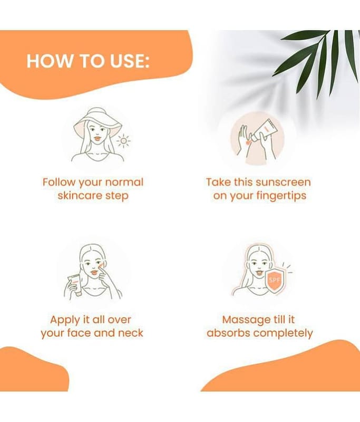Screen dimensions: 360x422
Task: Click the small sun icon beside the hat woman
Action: pyautogui.click(x=123, y=141)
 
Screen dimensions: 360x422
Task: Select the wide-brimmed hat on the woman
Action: pyautogui.click(x=96, y=122)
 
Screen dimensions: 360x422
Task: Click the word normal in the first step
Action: pyautogui.click(x=124, y=182)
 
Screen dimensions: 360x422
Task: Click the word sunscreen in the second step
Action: pyautogui.click(x=283, y=182)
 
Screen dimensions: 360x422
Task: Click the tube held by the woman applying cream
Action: pyautogui.click(x=75, y=285)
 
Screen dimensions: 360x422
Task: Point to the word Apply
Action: pyautogui.click(x=65, y=320)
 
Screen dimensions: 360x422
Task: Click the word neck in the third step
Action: pyautogui.click(x=131, y=333)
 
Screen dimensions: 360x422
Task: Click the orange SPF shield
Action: pyautogui.click(x=275, y=281)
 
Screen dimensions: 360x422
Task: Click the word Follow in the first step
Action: pyautogui.click(x=59, y=182)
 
